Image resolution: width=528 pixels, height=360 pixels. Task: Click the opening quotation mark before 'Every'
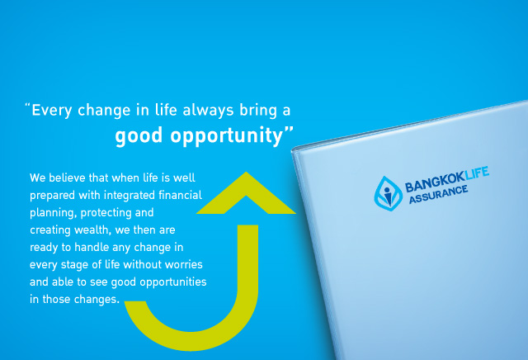click(x=27, y=106)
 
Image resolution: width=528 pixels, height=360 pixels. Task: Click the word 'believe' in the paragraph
click(x=72, y=178)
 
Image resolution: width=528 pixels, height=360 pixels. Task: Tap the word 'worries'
click(x=182, y=255)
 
